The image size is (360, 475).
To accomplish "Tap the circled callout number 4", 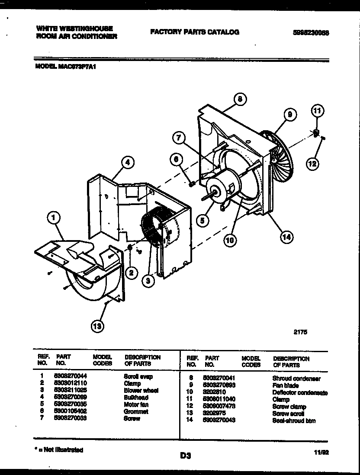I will coord(127,163).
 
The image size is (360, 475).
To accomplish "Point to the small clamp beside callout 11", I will coord(317,131).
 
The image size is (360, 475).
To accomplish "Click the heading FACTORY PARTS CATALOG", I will coord(194,32).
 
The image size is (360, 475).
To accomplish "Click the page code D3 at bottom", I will coord(185,455).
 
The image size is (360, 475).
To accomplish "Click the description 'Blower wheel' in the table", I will coord(141,391).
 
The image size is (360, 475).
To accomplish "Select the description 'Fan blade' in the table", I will coord(286,385).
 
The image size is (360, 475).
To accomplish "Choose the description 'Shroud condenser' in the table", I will coord(296,379).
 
